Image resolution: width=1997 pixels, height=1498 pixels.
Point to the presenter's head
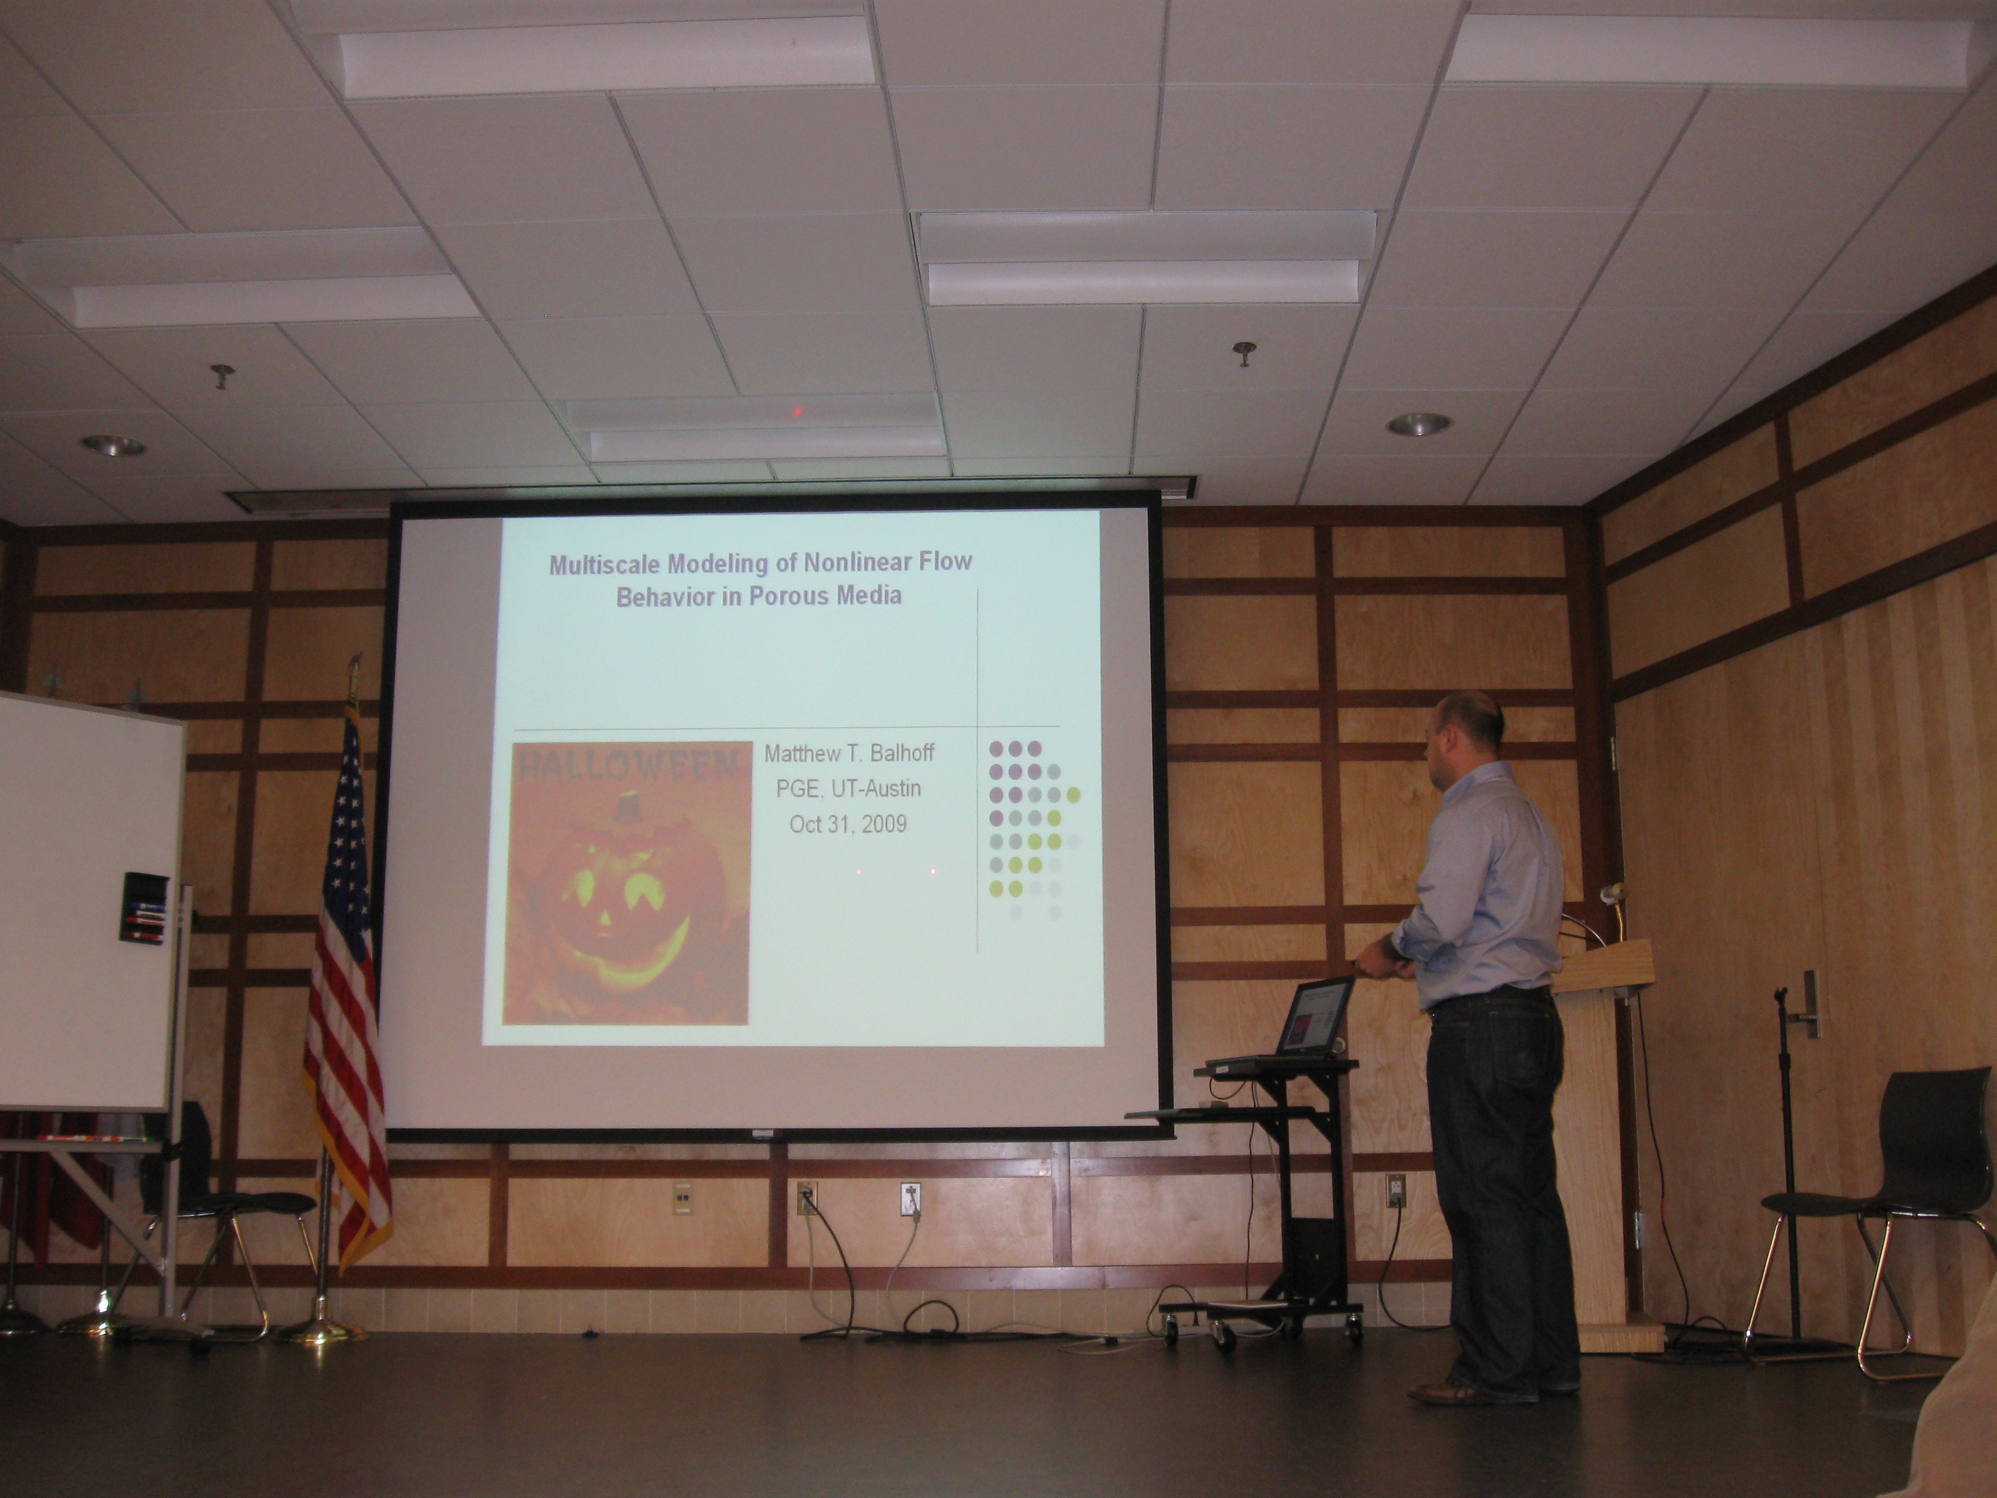[1467, 732]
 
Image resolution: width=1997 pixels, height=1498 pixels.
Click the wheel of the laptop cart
[1222, 1336]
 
